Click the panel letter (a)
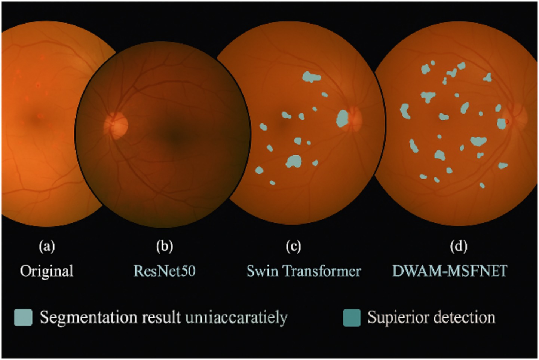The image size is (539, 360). point(47,246)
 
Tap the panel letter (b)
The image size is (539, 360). point(165,246)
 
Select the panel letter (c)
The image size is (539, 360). point(293,246)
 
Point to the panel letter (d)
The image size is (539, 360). point(459,246)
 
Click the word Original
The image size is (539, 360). point(47,271)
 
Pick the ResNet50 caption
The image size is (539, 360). point(165,271)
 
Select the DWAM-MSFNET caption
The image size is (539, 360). point(450,271)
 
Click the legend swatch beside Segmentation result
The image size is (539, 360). point(23,317)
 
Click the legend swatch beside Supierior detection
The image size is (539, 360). point(352,318)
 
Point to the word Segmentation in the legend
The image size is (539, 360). point(89,318)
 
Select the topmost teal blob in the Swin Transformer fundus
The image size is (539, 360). point(312,77)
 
